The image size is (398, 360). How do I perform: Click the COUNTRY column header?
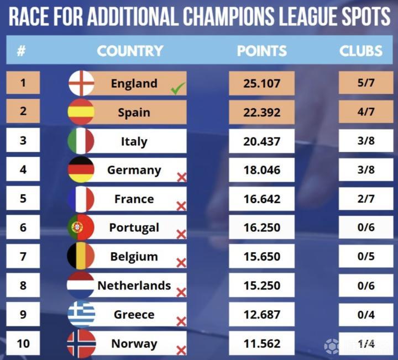(130, 51)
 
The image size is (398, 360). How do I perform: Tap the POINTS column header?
(261, 51)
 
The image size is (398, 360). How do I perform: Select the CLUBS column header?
(360, 51)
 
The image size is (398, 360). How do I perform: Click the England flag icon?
(81, 83)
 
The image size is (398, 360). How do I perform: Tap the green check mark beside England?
(177, 88)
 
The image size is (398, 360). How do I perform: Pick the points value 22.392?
(261, 112)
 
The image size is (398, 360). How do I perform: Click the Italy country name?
(134, 141)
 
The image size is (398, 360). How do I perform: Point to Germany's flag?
(81, 170)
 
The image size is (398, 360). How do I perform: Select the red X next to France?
(181, 206)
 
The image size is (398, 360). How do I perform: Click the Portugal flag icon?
(81, 227)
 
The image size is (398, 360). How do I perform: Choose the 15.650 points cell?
(261, 256)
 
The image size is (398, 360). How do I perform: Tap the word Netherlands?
(134, 285)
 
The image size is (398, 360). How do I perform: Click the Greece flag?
(81, 314)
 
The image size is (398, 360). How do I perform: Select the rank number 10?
(23, 343)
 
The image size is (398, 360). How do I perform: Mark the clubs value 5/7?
(365, 83)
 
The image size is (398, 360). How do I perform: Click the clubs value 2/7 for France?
(365, 199)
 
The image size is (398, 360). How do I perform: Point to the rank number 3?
(23, 141)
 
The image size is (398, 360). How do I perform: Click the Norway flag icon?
(81, 343)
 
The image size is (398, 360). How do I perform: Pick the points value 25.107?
(261, 83)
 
